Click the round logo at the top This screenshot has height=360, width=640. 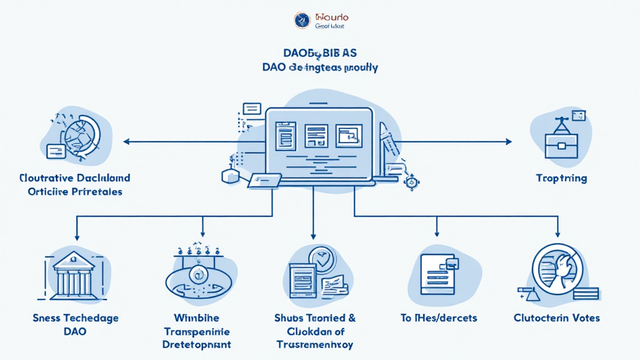click(302, 20)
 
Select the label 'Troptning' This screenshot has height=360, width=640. click(561, 178)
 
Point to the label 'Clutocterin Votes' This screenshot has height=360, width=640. click(556, 318)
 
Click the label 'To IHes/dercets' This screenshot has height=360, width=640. click(438, 318)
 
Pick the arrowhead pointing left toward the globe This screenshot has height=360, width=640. click(127, 142)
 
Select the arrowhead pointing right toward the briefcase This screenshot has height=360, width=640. click(509, 142)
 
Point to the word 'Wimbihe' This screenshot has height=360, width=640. click(196, 318)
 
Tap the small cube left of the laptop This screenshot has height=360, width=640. click(231, 177)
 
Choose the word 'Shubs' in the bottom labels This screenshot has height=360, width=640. click(289, 318)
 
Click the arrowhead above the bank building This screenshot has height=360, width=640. click(76, 237)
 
